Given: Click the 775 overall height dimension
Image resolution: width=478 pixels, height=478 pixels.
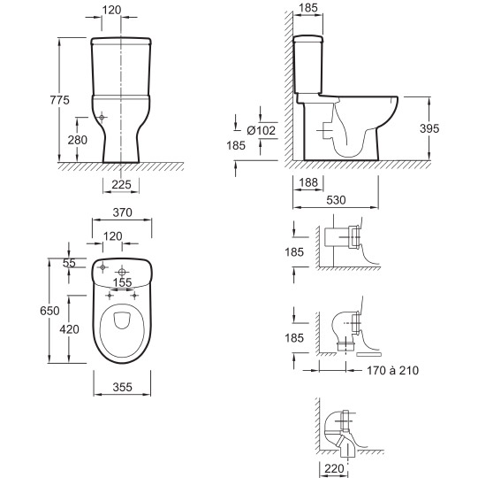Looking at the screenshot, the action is coord(60,100).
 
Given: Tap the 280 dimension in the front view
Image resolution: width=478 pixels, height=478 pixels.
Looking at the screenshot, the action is coord(78,140).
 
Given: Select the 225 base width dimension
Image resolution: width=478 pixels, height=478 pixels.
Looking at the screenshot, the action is coord(121,184).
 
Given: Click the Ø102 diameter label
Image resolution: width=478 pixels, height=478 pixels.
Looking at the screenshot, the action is coord(262,130).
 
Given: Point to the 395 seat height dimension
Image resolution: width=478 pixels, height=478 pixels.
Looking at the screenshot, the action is coord(429,128).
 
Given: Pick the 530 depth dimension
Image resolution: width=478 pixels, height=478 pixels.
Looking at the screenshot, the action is coord(336,200).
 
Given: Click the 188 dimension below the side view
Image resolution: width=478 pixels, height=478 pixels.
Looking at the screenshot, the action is coord(308,182).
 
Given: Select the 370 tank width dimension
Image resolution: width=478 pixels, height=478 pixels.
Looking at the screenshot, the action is coord(122,212).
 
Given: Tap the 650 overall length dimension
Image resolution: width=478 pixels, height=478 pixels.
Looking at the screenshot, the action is coord(49,311).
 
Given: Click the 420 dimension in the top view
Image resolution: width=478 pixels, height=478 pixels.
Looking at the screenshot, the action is coord(70,329).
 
